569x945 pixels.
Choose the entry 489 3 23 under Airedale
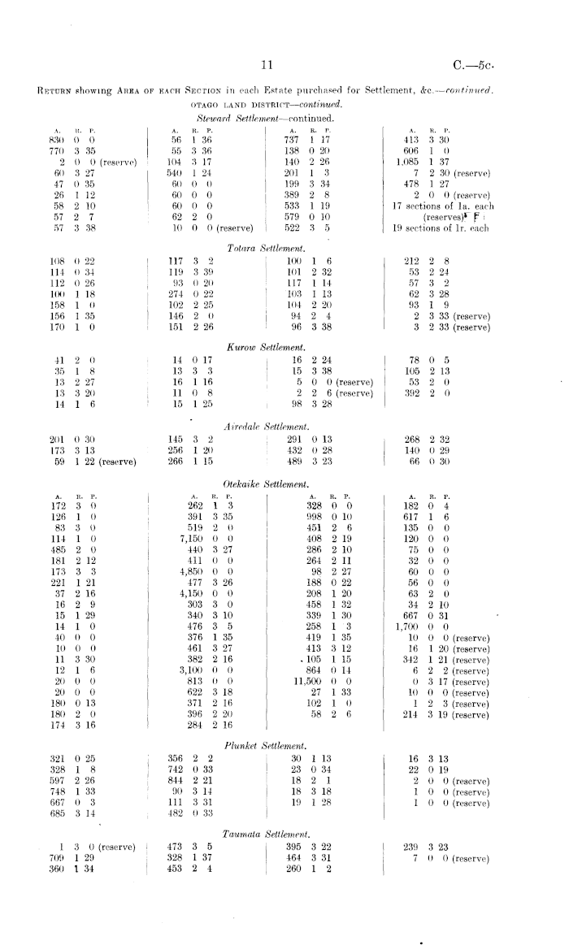tap(306, 462)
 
